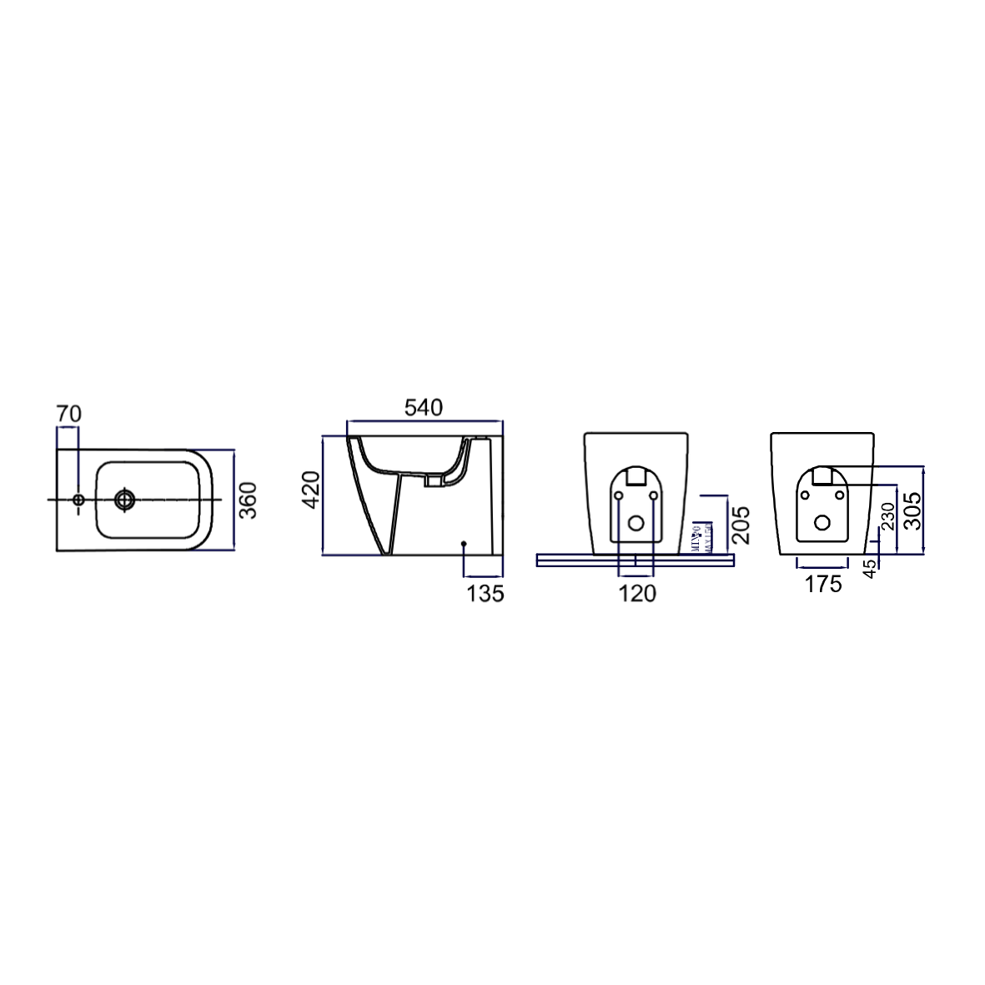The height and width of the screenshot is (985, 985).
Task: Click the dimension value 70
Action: tap(69, 413)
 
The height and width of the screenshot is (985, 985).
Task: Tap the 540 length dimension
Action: tap(424, 408)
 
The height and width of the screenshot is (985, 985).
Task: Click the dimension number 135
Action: tap(485, 593)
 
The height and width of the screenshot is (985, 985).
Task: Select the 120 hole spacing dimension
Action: tap(636, 593)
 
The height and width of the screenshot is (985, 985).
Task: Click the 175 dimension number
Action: tap(822, 585)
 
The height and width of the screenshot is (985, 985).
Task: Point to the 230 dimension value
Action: tap(889, 515)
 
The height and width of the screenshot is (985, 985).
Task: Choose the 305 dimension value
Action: tap(912, 510)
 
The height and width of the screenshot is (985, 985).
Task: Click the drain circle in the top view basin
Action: tap(125, 500)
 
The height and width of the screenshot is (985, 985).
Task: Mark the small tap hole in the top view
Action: tap(78, 500)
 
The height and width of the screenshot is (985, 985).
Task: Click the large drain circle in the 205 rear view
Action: tap(636, 524)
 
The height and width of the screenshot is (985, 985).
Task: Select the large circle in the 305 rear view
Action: tap(822, 523)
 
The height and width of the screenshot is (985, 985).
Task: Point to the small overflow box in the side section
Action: tap(433, 480)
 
